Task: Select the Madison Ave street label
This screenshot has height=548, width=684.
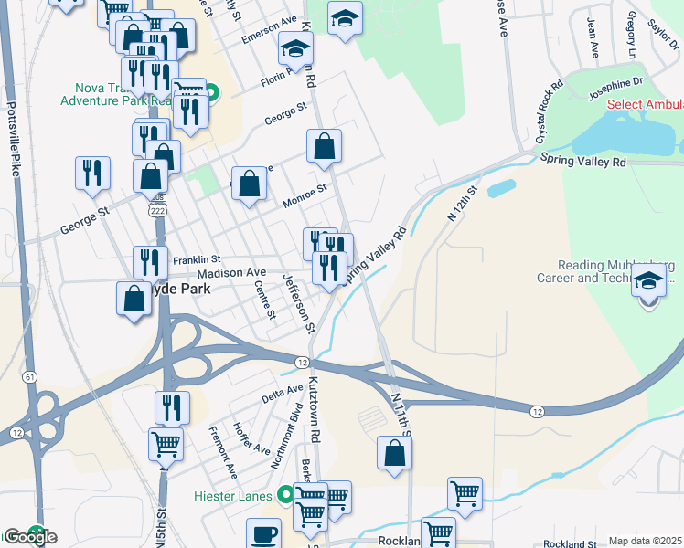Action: click(231, 272)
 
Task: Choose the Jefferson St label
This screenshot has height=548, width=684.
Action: click(299, 303)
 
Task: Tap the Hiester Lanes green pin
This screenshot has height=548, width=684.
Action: click(286, 495)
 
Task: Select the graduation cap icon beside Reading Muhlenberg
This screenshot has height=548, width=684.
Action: click(649, 281)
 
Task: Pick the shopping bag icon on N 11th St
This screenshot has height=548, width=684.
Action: click(394, 452)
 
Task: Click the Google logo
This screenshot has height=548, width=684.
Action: click(29, 537)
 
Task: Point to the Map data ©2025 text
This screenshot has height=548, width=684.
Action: click(645, 541)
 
